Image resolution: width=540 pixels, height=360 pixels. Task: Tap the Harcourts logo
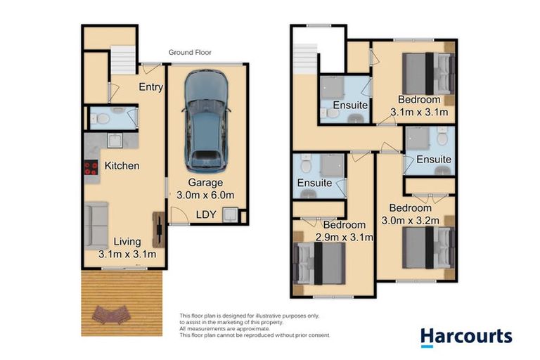tap(466, 337)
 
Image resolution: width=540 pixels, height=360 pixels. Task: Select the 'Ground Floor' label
tap(190, 52)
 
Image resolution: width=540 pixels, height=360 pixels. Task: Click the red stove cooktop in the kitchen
tap(91, 167)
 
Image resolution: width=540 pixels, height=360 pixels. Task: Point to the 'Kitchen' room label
tap(122, 167)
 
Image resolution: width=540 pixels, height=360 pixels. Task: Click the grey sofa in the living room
tap(96, 224)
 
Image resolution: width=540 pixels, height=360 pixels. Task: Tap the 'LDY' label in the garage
tap(206, 214)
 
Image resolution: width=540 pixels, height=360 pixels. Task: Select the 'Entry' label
tap(151, 87)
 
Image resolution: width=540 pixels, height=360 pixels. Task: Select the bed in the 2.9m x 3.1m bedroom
tap(320, 265)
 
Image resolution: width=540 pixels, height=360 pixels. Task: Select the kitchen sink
tap(112, 141)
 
